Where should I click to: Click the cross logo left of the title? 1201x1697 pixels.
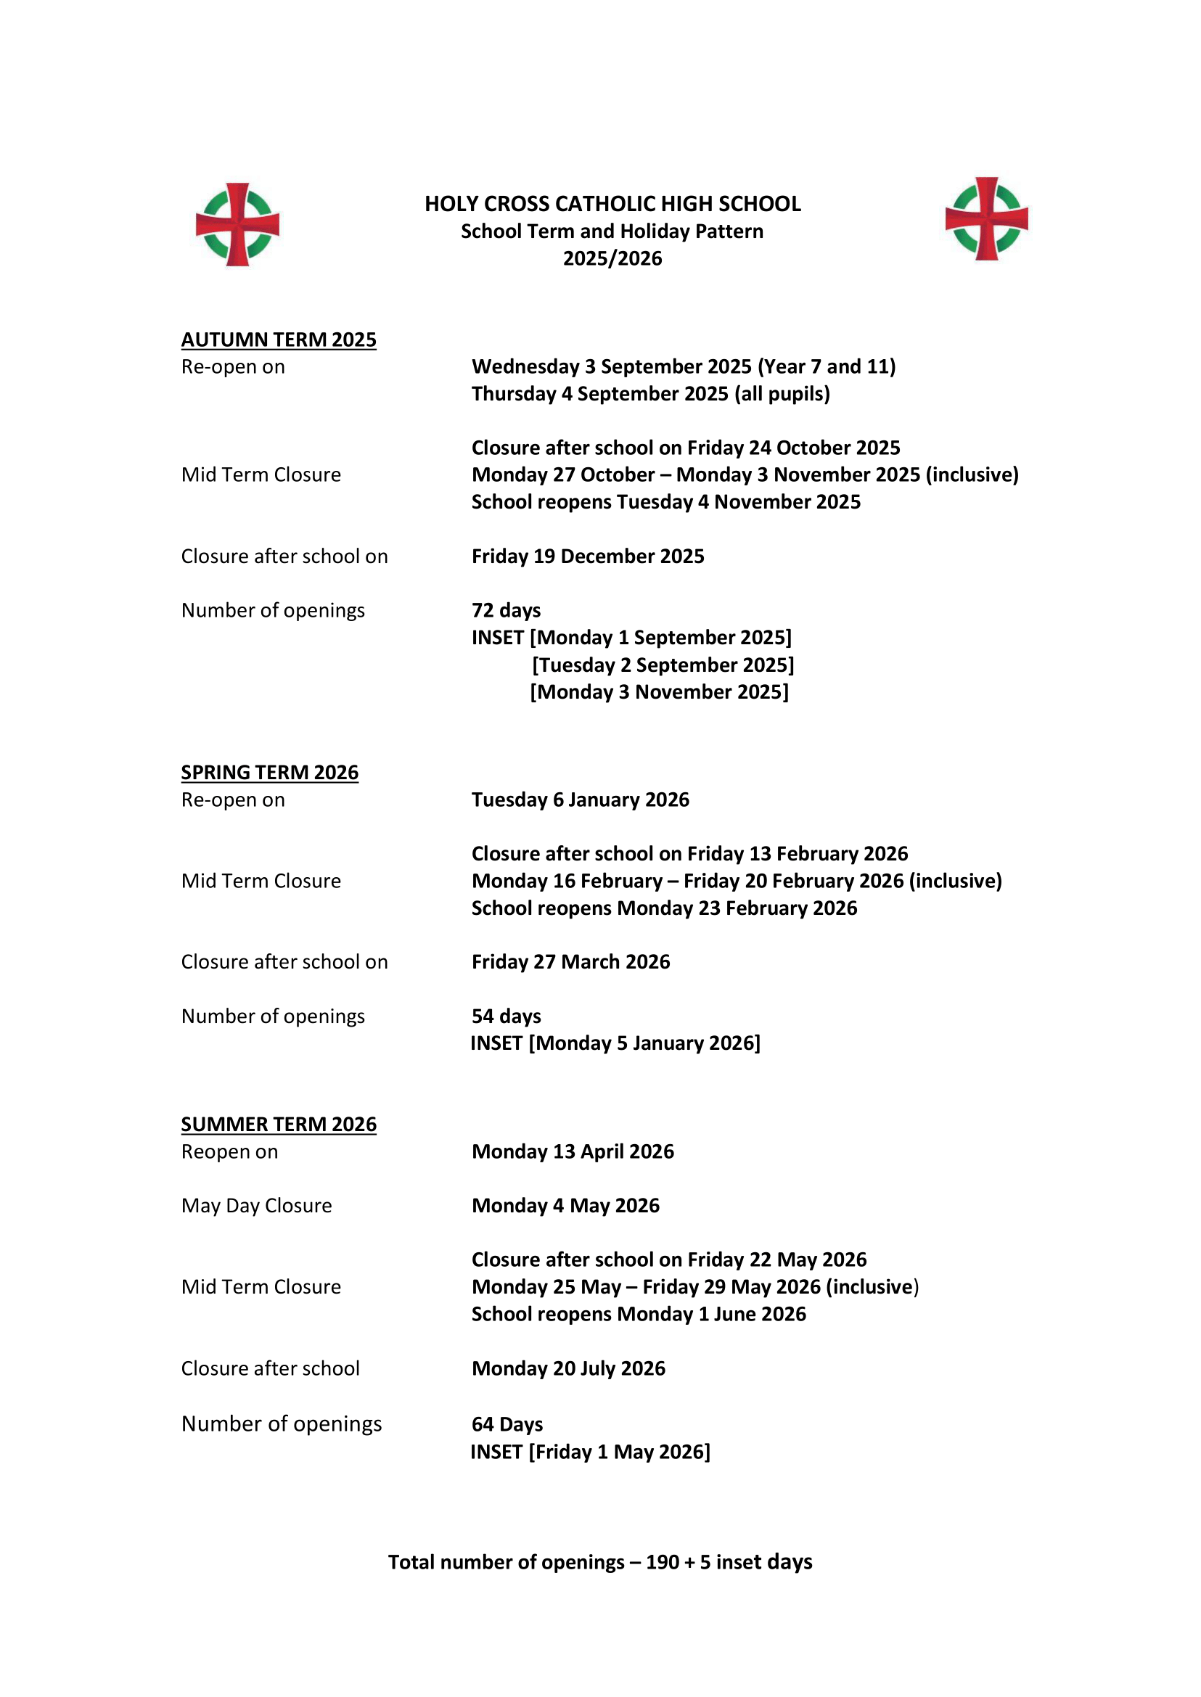click(237, 224)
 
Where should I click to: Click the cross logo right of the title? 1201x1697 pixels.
click(986, 219)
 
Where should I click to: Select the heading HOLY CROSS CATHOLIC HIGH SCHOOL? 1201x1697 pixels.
click(612, 204)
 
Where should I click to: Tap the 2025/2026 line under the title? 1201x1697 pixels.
click(612, 259)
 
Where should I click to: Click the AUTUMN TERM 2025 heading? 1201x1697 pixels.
click(279, 340)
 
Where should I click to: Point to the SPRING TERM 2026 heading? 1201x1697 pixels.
click(270, 773)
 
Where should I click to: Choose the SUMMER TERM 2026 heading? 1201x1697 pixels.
click(279, 1125)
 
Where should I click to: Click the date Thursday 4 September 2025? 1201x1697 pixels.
click(651, 394)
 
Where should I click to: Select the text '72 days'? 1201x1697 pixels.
click(507, 611)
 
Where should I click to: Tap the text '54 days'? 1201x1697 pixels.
click(507, 1016)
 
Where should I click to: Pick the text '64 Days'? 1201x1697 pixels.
click(507, 1425)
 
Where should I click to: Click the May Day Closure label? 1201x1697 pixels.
click(257, 1206)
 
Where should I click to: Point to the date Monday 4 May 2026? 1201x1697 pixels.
click(566, 1206)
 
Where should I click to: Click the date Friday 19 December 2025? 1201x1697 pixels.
click(588, 556)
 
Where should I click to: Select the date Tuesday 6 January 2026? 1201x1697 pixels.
click(581, 800)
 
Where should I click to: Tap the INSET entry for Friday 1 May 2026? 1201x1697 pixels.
click(590, 1452)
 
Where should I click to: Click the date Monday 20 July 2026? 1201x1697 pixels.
click(569, 1368)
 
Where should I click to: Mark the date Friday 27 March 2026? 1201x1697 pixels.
click(571, 962)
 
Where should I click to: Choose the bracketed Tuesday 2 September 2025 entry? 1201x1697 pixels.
click(663, 665)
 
